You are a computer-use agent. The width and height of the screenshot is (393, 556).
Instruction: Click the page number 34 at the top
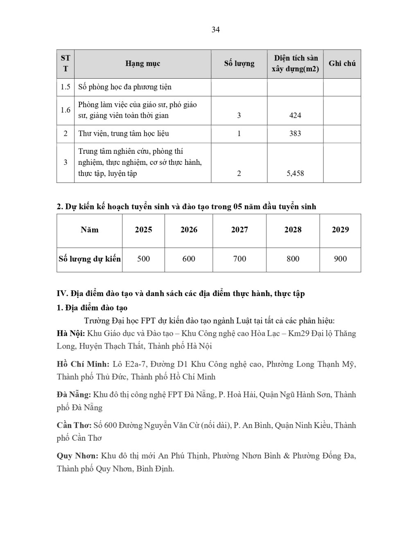pyautogui.click(x=216, y=30)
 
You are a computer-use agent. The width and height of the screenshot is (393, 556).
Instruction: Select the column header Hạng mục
pyautogui.click(x=142, y=64)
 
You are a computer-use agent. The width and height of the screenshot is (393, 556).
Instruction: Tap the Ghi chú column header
pyautogui.click(x=342, y=64)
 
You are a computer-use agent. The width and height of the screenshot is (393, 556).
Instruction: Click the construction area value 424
pyautogui.click(x=295, y=116)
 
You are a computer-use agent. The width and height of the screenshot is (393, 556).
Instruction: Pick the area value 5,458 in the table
pyautogui.click(x=295, y=173)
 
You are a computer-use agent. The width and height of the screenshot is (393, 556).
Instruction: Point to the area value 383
pyautogui.click(x=295, y=134)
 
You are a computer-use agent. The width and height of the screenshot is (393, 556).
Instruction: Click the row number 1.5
pyautogui.click(x=65, y=87)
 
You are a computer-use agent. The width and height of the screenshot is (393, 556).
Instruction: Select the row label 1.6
pyautogui.click(x=65, y=110)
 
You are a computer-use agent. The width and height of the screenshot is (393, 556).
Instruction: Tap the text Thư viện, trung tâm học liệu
pyautogui.click(x=124, y=134)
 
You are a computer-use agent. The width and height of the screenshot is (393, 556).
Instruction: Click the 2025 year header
pyautogui.click(x=143, y=230)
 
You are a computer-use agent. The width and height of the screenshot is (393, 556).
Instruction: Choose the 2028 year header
pyautogui.click(x=293, y=230)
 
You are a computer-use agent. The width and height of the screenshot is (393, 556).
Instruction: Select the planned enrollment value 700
pyautogui.click(x=239, y=259)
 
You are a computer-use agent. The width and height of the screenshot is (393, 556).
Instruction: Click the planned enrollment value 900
pyautogui.click(x=340, y=259)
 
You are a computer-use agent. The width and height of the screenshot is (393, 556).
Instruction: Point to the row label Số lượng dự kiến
pyautogui.click(x=90, y=259)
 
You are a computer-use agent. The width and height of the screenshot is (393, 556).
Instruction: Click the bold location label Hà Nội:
pyautogui.click(x=71, y=333)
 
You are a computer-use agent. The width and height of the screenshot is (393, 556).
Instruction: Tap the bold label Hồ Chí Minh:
pyautogui.click(x=83, y=364)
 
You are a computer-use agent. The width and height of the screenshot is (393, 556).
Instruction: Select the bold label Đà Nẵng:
pyautogui.click(x=74, y=394)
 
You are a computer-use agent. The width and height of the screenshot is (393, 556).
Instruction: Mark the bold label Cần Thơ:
pyautogui.click(x=74, y=425)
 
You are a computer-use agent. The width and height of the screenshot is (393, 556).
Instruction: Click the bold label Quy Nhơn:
pyautogui.click(x=77, y=456)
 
